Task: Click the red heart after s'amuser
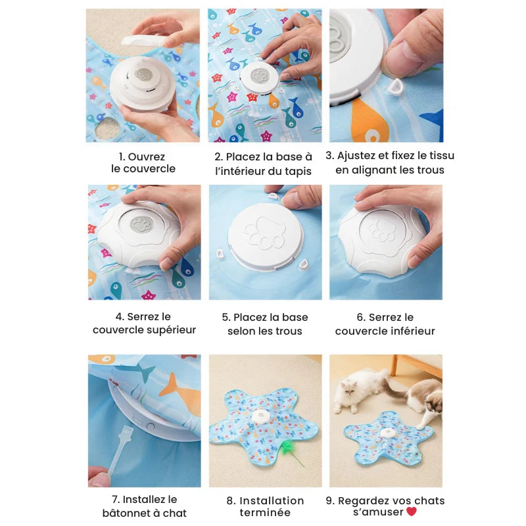pos(412,512)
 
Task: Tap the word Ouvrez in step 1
pos(147,156)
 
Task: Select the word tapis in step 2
pos(298,172)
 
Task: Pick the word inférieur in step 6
pos(412,331)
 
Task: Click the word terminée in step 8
pos(265,513)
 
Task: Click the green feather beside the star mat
pos(287,448)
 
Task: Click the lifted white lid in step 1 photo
pos(144,41)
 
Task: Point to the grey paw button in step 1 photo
pos(144,74)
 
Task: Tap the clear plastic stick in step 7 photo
pos(120,448)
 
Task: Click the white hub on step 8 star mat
pos(260,417)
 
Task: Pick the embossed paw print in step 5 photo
pos(266,233)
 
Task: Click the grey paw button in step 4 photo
pos(141,224)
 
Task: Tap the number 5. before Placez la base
pos(226,318)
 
